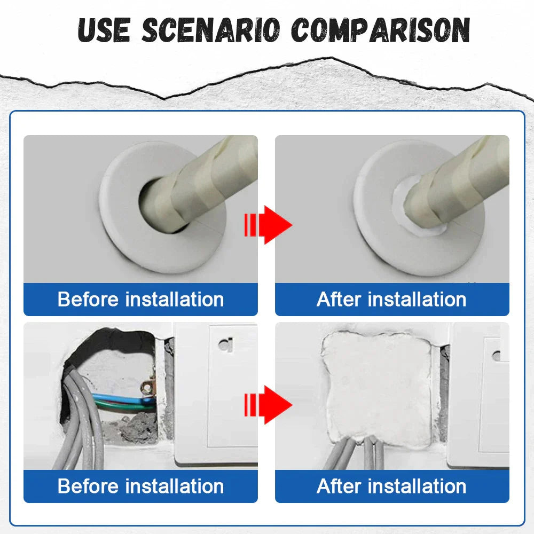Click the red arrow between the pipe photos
[268, 225]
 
